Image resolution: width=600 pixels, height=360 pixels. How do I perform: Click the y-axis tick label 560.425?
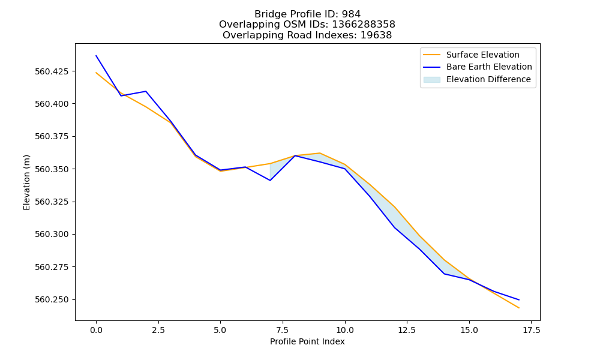click(x=52, y=71)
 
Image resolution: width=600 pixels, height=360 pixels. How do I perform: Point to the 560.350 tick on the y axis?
click(x=52, y=169)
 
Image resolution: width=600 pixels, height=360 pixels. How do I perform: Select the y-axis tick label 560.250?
click(x=52, y=299)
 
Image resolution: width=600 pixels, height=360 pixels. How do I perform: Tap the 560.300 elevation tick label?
click(x=52, y=234)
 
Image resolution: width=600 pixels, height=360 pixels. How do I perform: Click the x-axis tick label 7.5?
click(x=283, y=330)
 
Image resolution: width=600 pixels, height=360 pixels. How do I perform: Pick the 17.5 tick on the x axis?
click(x=531, y=330)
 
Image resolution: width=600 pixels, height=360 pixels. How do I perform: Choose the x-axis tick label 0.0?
click(x=96, y=330)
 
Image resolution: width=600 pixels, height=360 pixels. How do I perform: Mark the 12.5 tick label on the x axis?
click(x=407, y=330)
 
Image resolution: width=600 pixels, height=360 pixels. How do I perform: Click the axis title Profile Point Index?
click(x=307, y=341)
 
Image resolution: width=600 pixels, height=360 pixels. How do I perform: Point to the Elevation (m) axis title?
click(x=26, y=182)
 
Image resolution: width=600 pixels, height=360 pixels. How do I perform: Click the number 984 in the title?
click(x=351, y=14)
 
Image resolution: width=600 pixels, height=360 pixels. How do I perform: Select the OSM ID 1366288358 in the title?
click(x=364, y=25)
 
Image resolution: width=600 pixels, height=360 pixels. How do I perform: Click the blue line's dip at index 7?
click(x=270, y=180)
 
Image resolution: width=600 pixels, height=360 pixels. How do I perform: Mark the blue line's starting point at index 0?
click(x=96, y=55)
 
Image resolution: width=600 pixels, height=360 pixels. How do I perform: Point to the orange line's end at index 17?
click(x=519, y=308)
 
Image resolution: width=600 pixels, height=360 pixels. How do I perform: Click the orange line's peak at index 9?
click(x=320, y=153)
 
